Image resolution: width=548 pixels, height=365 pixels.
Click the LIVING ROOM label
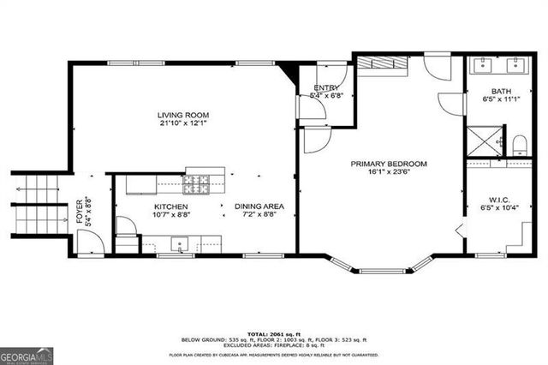(183, 115)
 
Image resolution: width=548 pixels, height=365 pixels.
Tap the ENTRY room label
(325, 87)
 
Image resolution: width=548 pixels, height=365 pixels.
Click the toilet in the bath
(519, 142)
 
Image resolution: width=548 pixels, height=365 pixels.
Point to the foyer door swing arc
(89, 242)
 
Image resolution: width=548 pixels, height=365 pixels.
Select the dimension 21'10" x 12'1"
(183, 124)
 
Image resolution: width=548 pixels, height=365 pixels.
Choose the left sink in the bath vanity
(483, 64)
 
